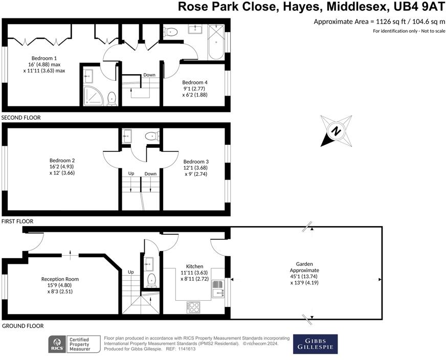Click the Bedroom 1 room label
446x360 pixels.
click(44, 58)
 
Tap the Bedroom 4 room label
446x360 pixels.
click(195, 82)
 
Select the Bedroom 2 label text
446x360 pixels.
click(62, 161)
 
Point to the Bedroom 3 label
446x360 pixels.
click(196, 162)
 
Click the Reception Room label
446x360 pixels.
click(60, 279)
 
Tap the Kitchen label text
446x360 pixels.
click(194, 266)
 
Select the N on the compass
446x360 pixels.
click(336, 131)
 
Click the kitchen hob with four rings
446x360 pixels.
click(193, 307)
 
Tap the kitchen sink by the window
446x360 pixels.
click(218, 292)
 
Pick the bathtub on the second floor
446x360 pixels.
click(216, 42)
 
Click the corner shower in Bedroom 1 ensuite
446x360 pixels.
click(93, 96)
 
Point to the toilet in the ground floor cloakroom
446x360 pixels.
click(151, 280)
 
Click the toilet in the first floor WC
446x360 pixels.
click(152, 136)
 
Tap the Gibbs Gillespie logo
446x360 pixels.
click(316, 344)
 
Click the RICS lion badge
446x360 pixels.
click(57, 344)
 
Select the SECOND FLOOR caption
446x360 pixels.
click(21, 118)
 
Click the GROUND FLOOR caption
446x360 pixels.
click(23, 326)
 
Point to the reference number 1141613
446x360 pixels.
click(186, 349)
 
